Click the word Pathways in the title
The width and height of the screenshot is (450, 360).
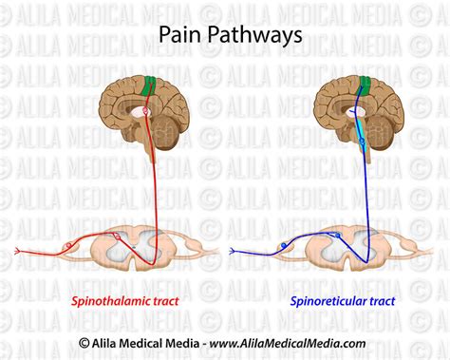click(x=249, y=35)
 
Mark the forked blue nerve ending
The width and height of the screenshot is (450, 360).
click(x=234, y=251)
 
